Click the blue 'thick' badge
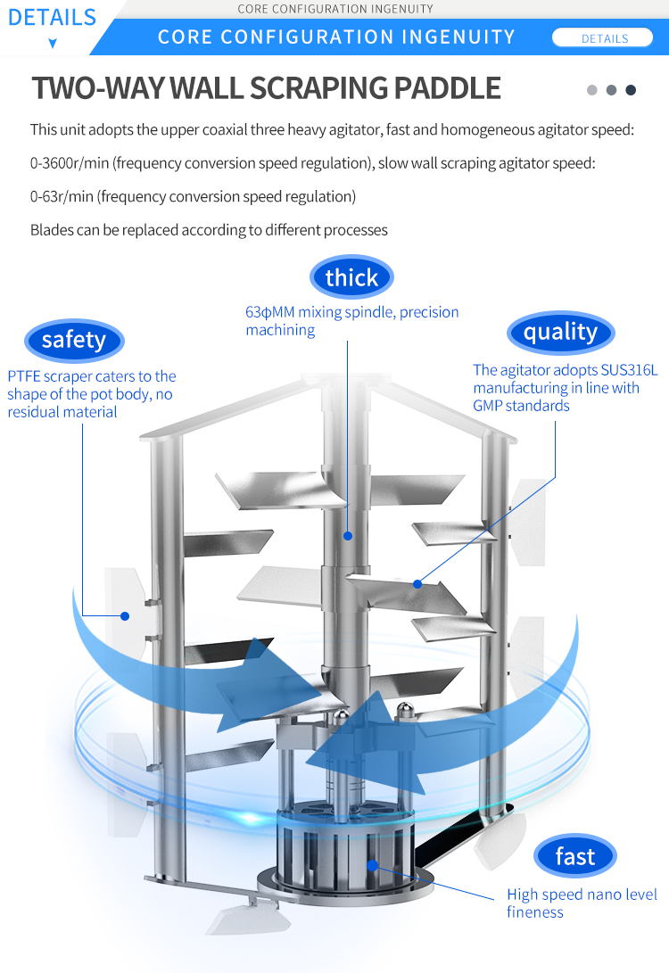[x=351, y=277]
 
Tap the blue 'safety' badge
[x=73, y=340]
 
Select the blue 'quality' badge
[x=560, y=332]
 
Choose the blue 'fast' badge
[x=574, y=857]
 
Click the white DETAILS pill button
[x=604, y=38]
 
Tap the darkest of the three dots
[x=631, y=90]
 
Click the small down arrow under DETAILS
[x=53, y=43]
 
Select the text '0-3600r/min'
[x=70, y=163]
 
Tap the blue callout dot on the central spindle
[x=348, y=536]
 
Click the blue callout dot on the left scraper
[x=126, y=615]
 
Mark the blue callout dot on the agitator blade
[x=417, y=584]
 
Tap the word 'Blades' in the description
[x=52, y=230]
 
